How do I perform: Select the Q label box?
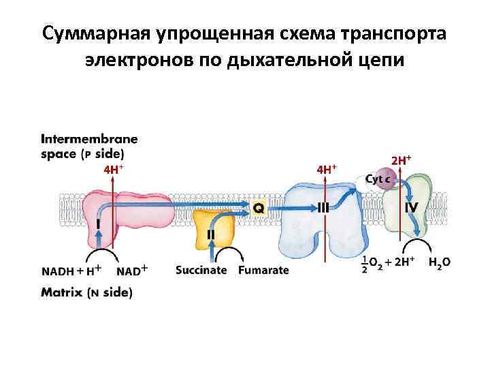[259, 207]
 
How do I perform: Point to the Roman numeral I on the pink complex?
[99, 223]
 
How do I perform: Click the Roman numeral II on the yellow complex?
[211, 234]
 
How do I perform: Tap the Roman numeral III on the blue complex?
[323, 206]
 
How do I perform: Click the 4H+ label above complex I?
[113, 169]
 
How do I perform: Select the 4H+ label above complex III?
[327, 168]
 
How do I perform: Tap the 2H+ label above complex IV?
[402, 161]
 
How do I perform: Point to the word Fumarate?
[263, 270]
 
